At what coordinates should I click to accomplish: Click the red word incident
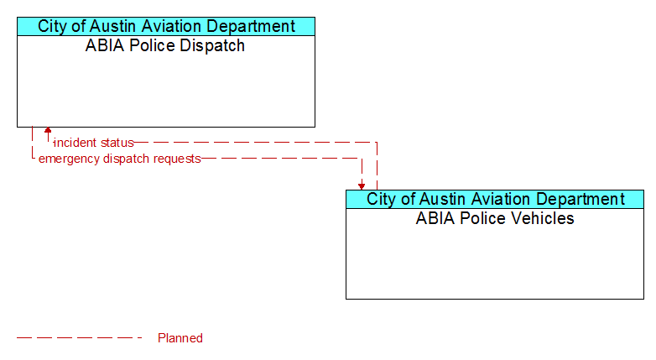click(x=75, y=143)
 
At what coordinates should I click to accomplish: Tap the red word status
click(x=117, y=143)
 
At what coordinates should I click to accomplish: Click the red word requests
click(x=177, y=159)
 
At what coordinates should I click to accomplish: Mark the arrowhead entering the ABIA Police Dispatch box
click(x=48, y=130)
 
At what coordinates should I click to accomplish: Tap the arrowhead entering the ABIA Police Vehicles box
click(x=362, y=186)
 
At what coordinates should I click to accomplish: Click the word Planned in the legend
click(x=180, y=338)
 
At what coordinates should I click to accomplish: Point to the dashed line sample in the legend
click(x=80, y=337)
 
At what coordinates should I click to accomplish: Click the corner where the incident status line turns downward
click(x=377, y=143)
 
